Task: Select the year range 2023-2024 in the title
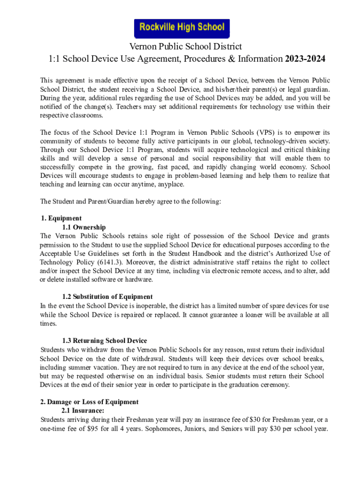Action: pyautogui.click(x=305, y=59)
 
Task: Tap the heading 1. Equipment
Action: pyautogui.click(x=61, y=218)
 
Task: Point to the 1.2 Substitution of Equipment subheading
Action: pyautogui.click(x=107, y=297)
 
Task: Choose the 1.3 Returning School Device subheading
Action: pyautogui.click(x=104, y=341)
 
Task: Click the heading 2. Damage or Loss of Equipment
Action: pyautogui.click(x=89, y=402)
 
